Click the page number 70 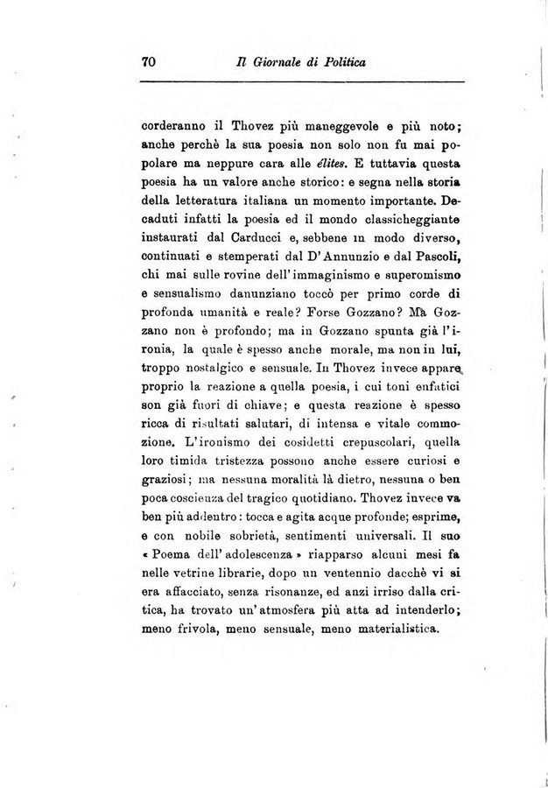tap(147, 61)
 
